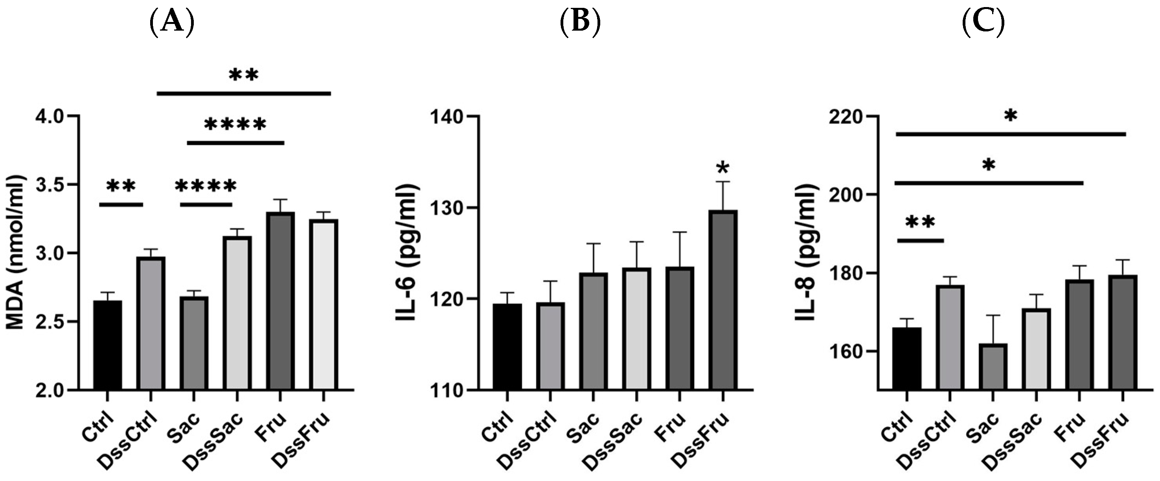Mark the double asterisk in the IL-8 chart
919,223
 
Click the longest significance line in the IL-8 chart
1010,134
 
